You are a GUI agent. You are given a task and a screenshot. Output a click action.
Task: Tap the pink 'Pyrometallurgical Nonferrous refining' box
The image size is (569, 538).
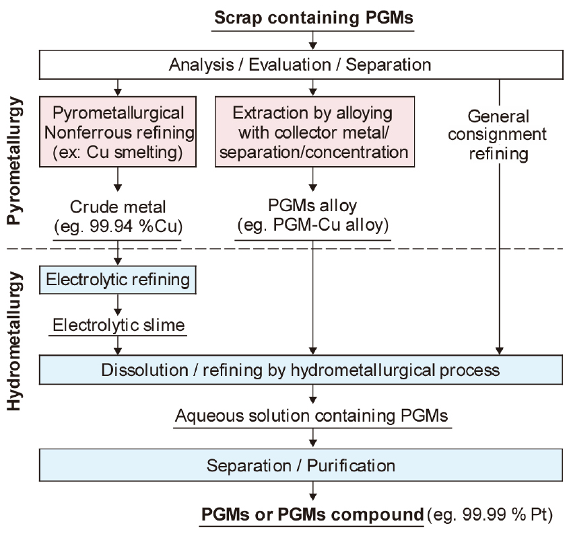point(119,131)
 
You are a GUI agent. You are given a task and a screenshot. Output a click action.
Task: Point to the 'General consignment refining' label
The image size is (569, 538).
point(498,134)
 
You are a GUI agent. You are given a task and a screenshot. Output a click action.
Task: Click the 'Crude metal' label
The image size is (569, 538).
point(118,206)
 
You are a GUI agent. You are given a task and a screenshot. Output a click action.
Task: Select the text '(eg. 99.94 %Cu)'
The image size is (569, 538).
point(118,225)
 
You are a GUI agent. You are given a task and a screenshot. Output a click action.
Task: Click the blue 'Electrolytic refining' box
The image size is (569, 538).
point(118,278)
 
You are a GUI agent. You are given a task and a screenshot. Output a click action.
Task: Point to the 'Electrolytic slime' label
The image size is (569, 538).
point(118,326)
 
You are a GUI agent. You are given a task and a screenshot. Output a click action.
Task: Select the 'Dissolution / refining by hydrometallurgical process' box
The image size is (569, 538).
point(300,370)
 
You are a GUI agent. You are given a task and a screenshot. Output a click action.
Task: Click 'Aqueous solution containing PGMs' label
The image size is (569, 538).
point(311,416)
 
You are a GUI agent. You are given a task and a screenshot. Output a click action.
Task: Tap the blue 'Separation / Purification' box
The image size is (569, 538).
point(300,465)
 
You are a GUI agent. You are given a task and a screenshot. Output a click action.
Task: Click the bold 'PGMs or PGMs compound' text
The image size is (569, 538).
point(311,515)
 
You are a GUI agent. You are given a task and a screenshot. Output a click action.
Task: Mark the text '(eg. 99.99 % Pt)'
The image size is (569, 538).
point(490,516)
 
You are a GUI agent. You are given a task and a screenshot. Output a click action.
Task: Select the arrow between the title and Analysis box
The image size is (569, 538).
point(311,42)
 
